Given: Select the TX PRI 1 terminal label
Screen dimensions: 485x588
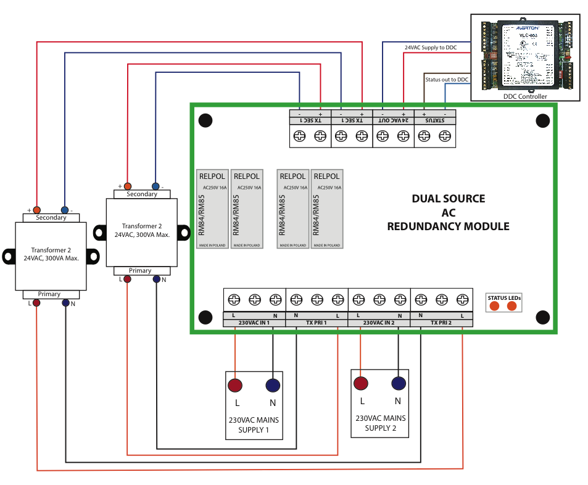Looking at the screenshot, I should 317,323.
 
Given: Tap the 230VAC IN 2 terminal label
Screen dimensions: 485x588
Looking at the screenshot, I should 379,323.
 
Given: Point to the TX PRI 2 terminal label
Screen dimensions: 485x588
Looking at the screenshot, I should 441,323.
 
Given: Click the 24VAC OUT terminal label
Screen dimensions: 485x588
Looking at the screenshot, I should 393,121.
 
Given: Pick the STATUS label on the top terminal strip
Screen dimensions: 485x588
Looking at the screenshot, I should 434,121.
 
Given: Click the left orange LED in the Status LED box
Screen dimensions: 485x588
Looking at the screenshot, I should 494,305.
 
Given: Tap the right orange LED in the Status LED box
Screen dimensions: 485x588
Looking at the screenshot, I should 511,305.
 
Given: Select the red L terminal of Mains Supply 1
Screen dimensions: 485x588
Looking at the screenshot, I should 235,386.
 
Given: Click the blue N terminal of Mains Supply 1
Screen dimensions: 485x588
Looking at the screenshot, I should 273,386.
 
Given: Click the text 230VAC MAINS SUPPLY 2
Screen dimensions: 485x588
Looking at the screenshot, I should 379,423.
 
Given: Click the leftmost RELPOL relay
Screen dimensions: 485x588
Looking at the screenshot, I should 212,209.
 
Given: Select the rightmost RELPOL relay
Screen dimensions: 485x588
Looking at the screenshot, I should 326,209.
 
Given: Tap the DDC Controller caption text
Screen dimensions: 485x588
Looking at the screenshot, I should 524,97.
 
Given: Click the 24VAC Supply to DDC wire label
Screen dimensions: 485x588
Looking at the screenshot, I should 430,47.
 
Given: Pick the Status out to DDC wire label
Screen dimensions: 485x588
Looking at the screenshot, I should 447,80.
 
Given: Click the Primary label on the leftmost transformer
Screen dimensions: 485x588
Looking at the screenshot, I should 49,294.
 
